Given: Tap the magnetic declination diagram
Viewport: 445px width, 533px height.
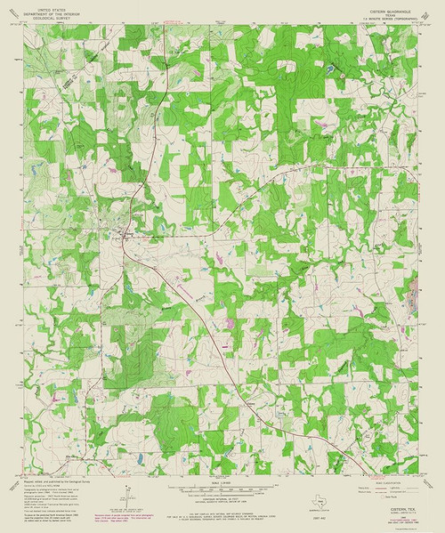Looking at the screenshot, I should click(124, 495).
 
